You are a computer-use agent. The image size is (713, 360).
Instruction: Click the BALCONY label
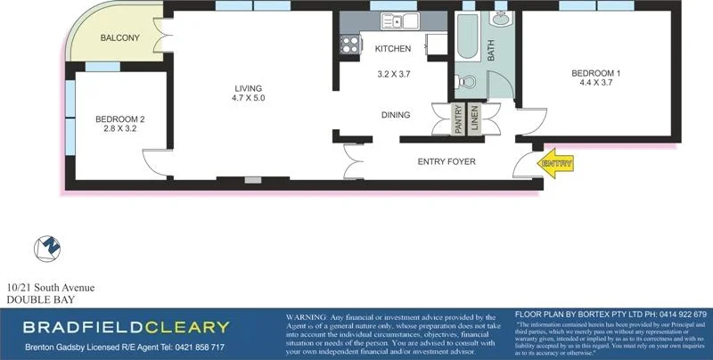point(119,37)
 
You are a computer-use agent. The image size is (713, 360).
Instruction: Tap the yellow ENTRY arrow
point(555,163)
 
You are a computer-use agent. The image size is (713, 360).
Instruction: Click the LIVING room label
point(249,88)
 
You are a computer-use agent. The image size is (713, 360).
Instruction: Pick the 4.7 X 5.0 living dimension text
point(249,99)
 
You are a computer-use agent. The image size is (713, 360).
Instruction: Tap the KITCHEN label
point(393,48)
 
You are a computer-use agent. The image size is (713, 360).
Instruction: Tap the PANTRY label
point(458,119)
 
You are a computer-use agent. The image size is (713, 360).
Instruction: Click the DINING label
point(395,115)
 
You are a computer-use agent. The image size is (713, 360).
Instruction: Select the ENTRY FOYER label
point(447,162)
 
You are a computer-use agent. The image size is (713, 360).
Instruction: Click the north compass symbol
point(47,250)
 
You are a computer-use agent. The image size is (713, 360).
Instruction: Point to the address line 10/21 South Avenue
point(50,287)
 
